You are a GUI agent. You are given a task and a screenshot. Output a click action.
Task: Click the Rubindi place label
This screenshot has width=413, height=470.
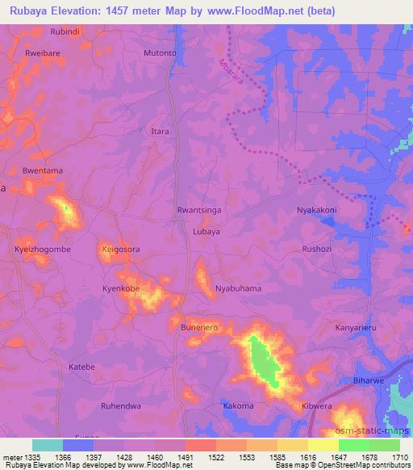click(x=65, y=31)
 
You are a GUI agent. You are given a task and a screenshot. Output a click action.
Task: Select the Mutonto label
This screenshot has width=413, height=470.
click(x=160, y=53)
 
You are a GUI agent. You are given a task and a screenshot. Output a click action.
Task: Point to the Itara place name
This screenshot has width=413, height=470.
click(x=161, y=131)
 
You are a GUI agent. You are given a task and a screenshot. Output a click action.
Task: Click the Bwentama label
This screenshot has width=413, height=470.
click(x=43, y=170)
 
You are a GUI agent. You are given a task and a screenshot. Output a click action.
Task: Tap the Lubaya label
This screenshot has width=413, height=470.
click(x=206, y=231)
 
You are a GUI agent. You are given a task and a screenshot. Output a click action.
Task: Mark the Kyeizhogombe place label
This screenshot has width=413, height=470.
click(x=43, y=250)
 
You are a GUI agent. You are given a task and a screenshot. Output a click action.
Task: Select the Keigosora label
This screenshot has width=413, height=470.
click(x=121, y=250)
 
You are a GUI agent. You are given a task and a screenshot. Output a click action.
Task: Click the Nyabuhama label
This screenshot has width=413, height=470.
click(x=239, y=288)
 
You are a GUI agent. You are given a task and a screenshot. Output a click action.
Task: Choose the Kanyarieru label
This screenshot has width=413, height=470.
click(x=356, y=328)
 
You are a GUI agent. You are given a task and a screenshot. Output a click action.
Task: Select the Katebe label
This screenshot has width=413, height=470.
click(x=82, y=367)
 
